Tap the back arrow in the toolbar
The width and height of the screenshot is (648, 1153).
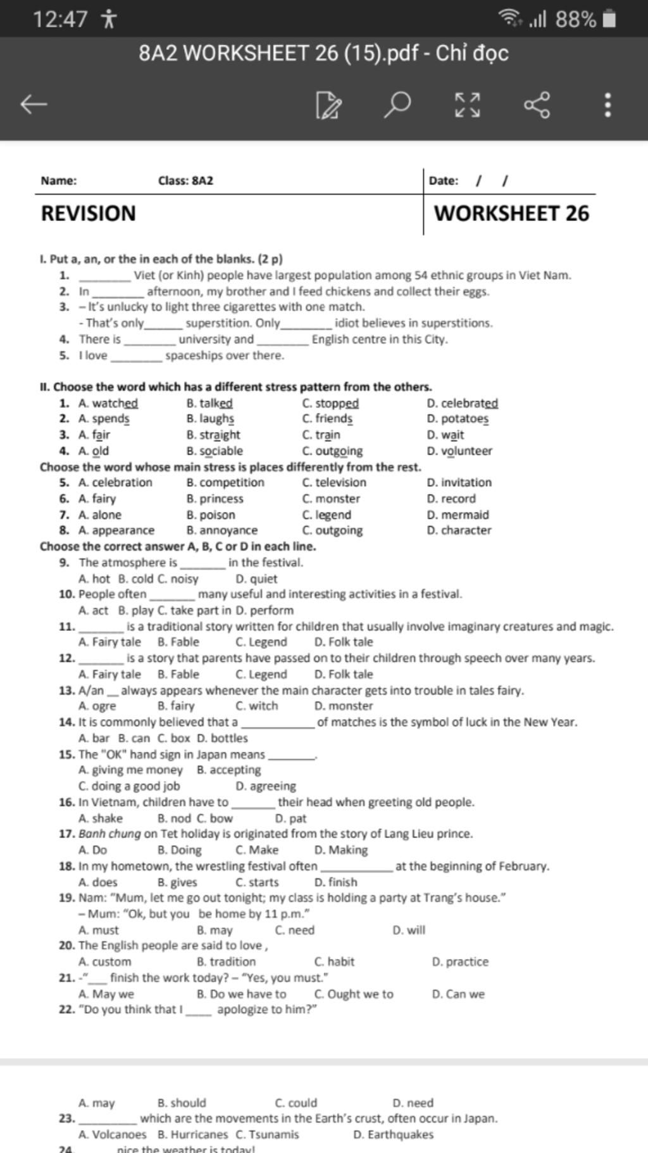pos(34,104)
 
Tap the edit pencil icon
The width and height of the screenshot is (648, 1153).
pos(329,105)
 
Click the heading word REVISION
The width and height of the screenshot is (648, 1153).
pos(88,213)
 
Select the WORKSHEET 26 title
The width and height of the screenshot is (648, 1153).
pos(511,213)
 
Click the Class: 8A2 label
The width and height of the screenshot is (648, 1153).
pos(185,181)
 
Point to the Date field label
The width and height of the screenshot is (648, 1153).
pos(444,181)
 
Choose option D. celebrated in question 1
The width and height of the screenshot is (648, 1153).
pos(463,404)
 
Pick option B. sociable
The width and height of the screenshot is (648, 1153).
pos(215,451)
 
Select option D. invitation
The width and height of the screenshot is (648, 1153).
pos(459,483)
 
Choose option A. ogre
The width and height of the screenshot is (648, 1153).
pos(97,706)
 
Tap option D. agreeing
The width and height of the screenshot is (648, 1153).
pos(266,786)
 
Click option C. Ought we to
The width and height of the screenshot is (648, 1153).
pos(354,994)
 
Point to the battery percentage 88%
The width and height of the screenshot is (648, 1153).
pos(576,20)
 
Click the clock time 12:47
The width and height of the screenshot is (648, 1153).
pos(60,20)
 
